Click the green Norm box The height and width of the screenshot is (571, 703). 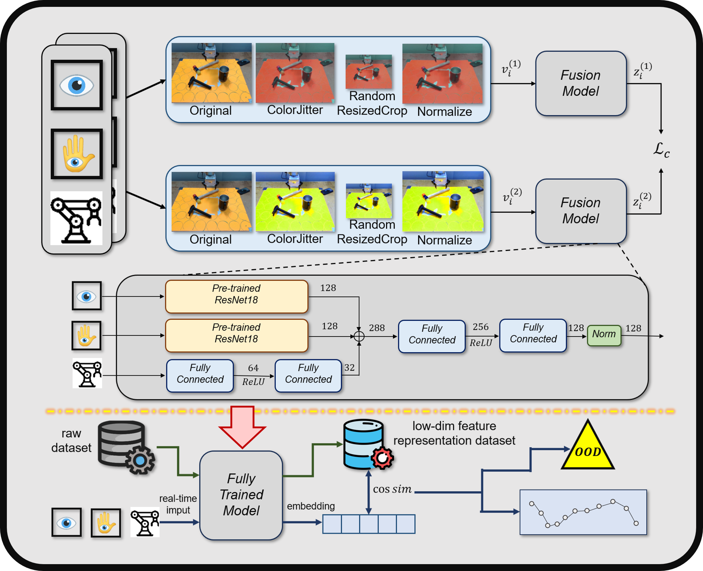(604, 335)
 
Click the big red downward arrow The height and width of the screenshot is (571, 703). (242, 426)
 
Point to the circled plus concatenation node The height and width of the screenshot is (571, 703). (359, 336)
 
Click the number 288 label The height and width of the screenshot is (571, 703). (377, 328)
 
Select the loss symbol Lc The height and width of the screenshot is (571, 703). (661, 150)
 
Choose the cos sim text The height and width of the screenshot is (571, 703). (392, 489)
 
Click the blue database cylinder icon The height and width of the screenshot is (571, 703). (364, 444)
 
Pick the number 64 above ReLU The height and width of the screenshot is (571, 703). (253, 368)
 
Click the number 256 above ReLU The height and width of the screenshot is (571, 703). (480, 327)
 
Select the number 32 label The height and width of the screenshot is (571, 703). (349, 367)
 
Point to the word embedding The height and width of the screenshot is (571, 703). (311, 506)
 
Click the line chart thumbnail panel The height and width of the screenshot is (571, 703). (583, 512)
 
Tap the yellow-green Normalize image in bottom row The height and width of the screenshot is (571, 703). (443, 202)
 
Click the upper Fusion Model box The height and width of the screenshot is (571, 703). (580, 84)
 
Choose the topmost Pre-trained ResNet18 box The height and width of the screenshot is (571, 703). (237, 296)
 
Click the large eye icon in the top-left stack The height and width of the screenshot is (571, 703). (77, 85)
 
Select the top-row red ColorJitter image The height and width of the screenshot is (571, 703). (295, 73)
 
